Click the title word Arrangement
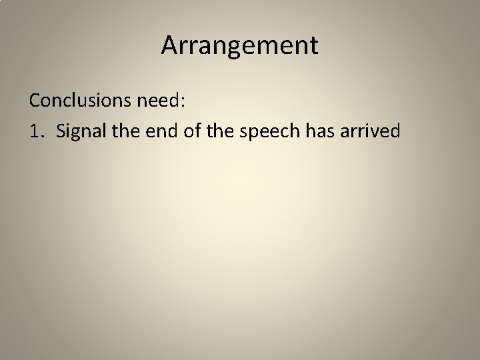[240, 45]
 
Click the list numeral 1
[34, 131]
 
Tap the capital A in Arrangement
[169, 45]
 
